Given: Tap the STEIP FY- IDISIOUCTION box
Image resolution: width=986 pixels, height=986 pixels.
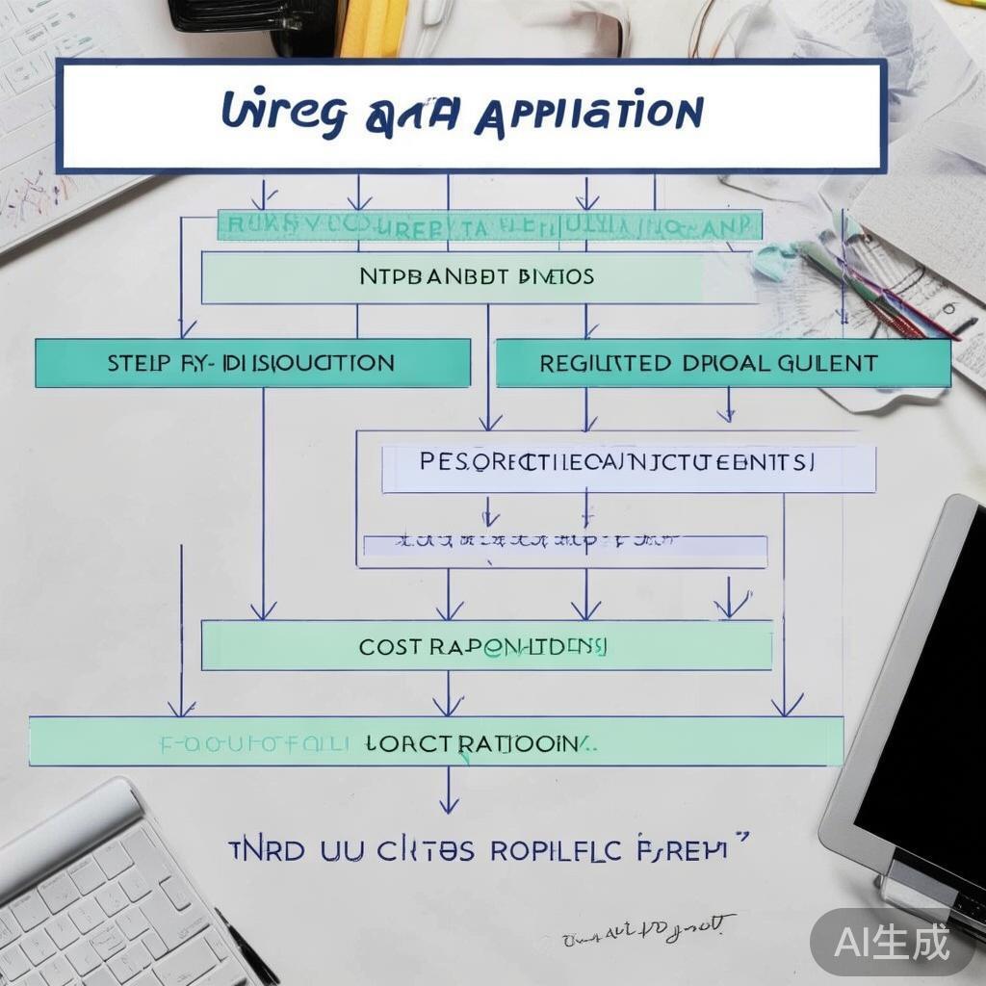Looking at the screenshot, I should (x=252, y=363).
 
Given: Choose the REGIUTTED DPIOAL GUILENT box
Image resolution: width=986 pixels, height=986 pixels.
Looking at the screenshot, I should (x=722, y=363).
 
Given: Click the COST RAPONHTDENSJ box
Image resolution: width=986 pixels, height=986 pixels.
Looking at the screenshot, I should (x=486, y=645).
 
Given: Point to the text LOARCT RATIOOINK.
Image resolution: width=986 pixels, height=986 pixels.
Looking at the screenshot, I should (x=477, y=742).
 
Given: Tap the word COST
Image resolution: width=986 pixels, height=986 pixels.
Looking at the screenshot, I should (x=390, y=647).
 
